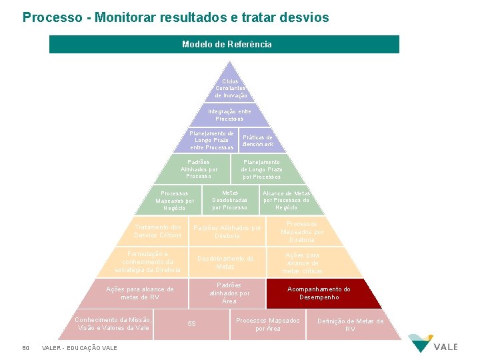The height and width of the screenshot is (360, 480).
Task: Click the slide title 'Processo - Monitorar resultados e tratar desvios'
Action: click(x=175, y=17)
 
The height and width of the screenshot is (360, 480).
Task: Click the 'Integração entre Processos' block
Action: click(x=229, y=115)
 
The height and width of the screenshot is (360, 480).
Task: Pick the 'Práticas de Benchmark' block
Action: click(x=257, y=141)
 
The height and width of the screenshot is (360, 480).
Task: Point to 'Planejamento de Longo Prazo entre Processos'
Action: click(x=211, y=140)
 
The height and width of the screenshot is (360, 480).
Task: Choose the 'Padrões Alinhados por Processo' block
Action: click(x=199, y=169)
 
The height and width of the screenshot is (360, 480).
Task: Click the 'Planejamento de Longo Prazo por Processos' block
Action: click(x=261, y=169)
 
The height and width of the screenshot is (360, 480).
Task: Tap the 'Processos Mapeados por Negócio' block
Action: click(x=175, y=201)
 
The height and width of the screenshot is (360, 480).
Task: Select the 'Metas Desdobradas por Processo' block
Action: click(x=229, y=199)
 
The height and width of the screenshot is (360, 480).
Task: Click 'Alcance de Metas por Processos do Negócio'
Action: click(x=286, y=200)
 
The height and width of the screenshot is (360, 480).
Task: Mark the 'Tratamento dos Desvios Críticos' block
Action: click(x=157, y=231)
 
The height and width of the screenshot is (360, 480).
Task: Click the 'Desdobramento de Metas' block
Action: click(x=225, y=263)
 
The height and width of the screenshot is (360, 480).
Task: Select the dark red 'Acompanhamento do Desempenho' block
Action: click(x=323, y=293)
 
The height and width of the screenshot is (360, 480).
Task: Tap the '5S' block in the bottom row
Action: click(x=191, y=324)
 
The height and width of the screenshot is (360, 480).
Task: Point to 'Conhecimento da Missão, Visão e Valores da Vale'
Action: click(x=113, y=323)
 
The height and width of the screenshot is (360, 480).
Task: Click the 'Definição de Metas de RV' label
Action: click(x=350, y=325)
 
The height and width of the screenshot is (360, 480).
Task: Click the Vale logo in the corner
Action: click(x=433, y=343)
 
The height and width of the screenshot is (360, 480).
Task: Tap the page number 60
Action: click(x=25, y=347)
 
